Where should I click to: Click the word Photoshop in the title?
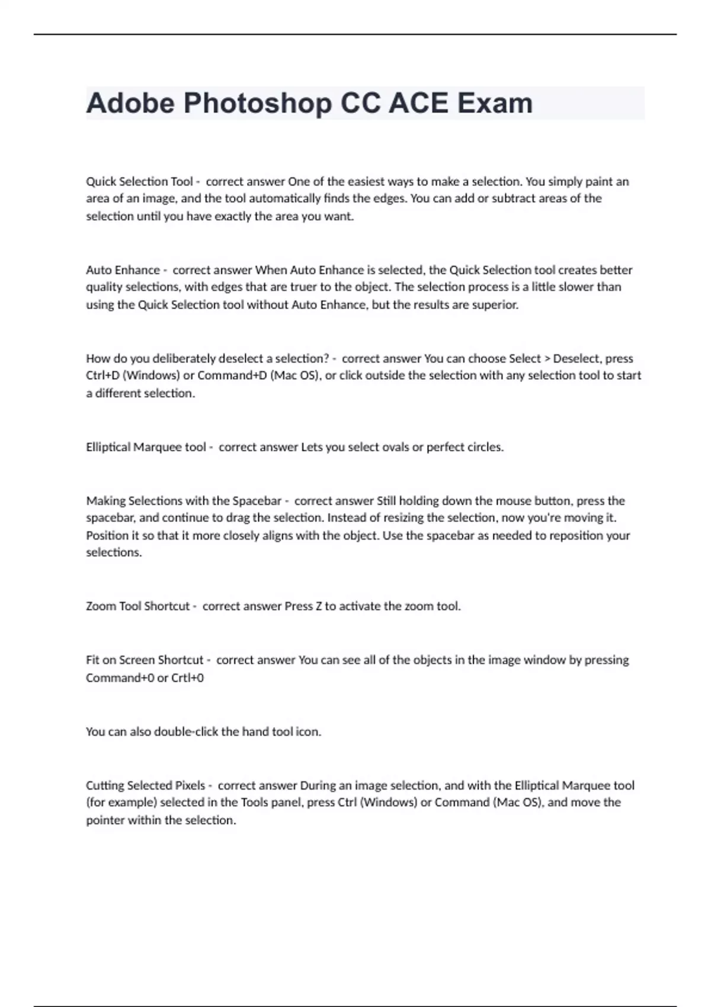click(257, 103)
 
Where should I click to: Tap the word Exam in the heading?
click(495, 103)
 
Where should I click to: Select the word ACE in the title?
click(418, 103)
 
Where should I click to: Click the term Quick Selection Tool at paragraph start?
click(139, 181)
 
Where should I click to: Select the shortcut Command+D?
click(232, 376)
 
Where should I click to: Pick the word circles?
click(484, 447)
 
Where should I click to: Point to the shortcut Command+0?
click(120, 678)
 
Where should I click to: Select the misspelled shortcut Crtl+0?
click(187, 678)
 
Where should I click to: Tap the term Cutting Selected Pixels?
click(145, 785)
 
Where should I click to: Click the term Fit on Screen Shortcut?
click(145, 660)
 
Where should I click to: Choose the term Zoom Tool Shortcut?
click(137, 606)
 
